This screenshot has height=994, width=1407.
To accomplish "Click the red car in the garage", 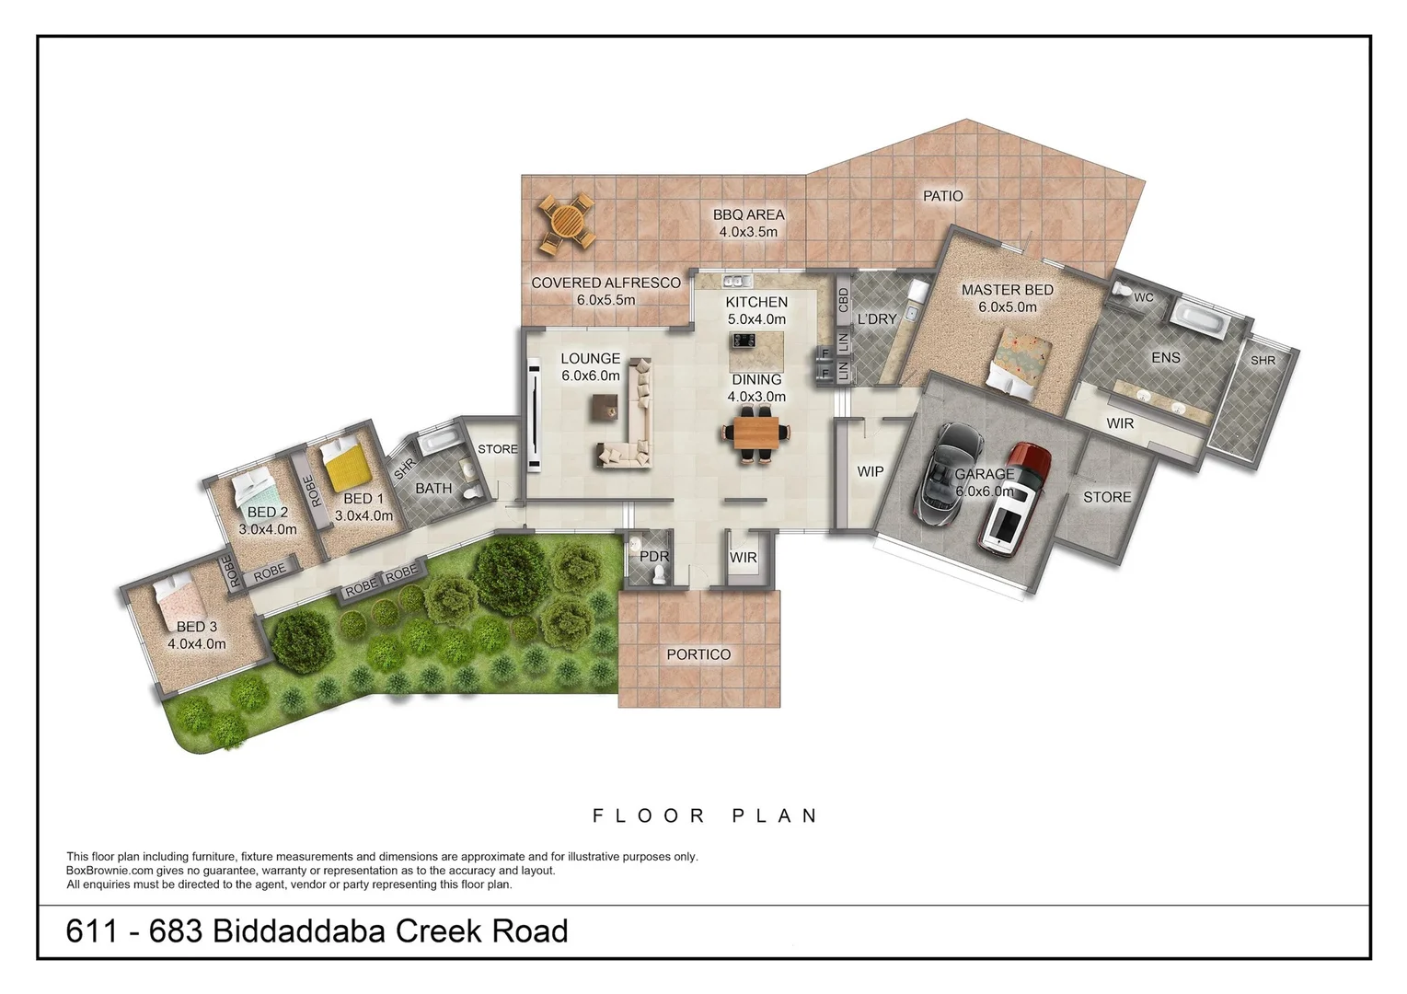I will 1012,502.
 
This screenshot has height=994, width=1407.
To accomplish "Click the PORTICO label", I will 698,654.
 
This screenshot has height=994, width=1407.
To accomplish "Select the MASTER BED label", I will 1007,290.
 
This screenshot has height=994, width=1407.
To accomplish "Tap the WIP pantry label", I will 870,471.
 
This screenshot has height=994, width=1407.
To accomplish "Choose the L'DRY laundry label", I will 876,319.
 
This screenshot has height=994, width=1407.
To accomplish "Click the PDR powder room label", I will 653,557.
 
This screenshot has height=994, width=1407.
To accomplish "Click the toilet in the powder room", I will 657,576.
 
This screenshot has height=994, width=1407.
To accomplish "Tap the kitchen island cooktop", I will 744,341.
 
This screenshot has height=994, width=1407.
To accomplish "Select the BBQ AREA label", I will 748,214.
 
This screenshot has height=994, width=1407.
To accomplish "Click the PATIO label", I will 942,196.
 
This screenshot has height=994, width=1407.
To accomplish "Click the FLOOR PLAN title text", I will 705,815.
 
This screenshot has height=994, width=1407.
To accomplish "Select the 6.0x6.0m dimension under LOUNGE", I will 590,376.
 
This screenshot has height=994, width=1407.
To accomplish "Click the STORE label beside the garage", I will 1106,497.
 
